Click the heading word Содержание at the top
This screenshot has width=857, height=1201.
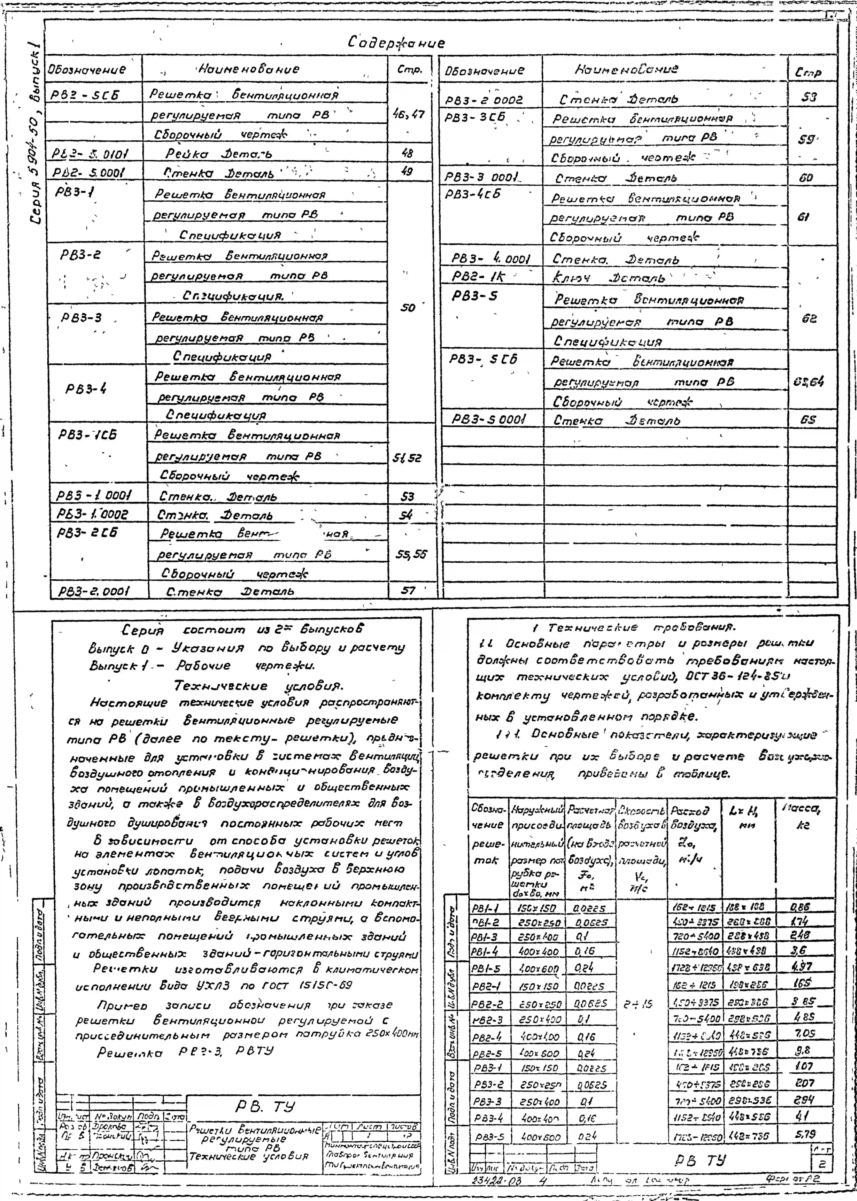tap(396, 43)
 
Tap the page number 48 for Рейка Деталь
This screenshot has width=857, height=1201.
tap(407, 153)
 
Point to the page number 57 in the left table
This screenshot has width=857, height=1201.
tap(408, 590)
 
